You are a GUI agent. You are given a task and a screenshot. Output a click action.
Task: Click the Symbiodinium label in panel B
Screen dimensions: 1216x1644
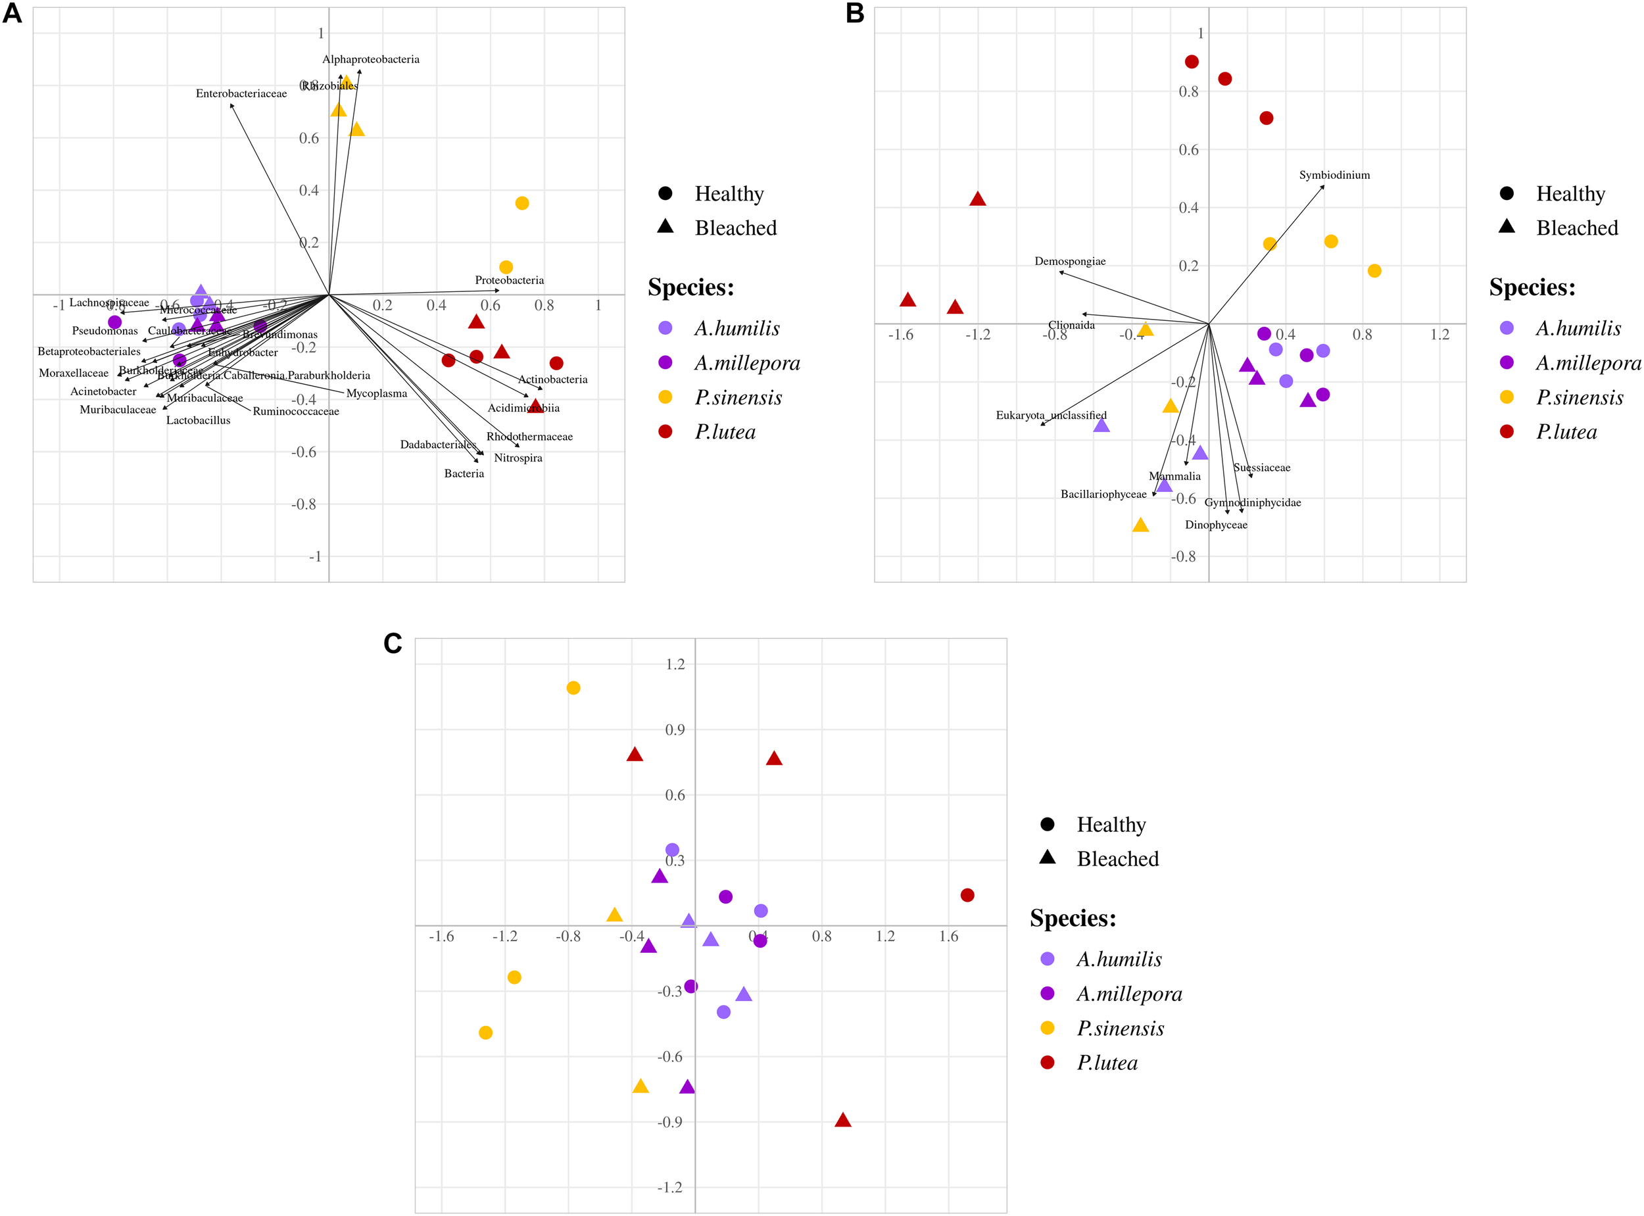1334,175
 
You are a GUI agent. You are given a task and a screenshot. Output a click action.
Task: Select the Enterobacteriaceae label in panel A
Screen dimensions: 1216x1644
241,93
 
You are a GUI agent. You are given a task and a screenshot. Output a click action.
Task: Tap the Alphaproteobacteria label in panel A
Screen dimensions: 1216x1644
371,59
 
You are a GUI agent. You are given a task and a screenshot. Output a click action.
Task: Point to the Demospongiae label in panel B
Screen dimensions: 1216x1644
1070,261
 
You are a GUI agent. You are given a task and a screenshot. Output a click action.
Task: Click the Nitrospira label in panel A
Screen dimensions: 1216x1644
518,458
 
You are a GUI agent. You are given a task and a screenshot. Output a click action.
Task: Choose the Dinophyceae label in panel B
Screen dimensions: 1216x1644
1216,525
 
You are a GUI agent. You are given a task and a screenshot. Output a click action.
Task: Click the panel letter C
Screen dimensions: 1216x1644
393,643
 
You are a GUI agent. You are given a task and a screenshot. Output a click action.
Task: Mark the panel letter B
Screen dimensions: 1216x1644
854,13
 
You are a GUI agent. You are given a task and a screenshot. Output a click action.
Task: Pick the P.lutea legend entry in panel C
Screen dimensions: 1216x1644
1107,1063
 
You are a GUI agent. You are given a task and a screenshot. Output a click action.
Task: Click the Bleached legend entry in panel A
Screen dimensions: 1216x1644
735,228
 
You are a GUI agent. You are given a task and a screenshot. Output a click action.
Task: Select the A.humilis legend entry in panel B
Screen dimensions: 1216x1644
1578,328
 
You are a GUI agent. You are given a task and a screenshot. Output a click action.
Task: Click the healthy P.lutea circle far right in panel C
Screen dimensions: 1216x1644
967,895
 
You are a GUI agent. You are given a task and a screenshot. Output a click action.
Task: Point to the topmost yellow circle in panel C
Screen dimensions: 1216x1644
573,687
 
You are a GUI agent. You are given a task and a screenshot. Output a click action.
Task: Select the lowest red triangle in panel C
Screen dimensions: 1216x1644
842,1120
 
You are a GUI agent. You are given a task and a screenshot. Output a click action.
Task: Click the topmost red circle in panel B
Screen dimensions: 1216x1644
1192,62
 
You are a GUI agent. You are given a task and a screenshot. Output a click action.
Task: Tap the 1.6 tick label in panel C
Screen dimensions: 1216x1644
948,936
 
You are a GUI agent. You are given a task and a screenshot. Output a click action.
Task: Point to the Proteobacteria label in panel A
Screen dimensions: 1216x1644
509,280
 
